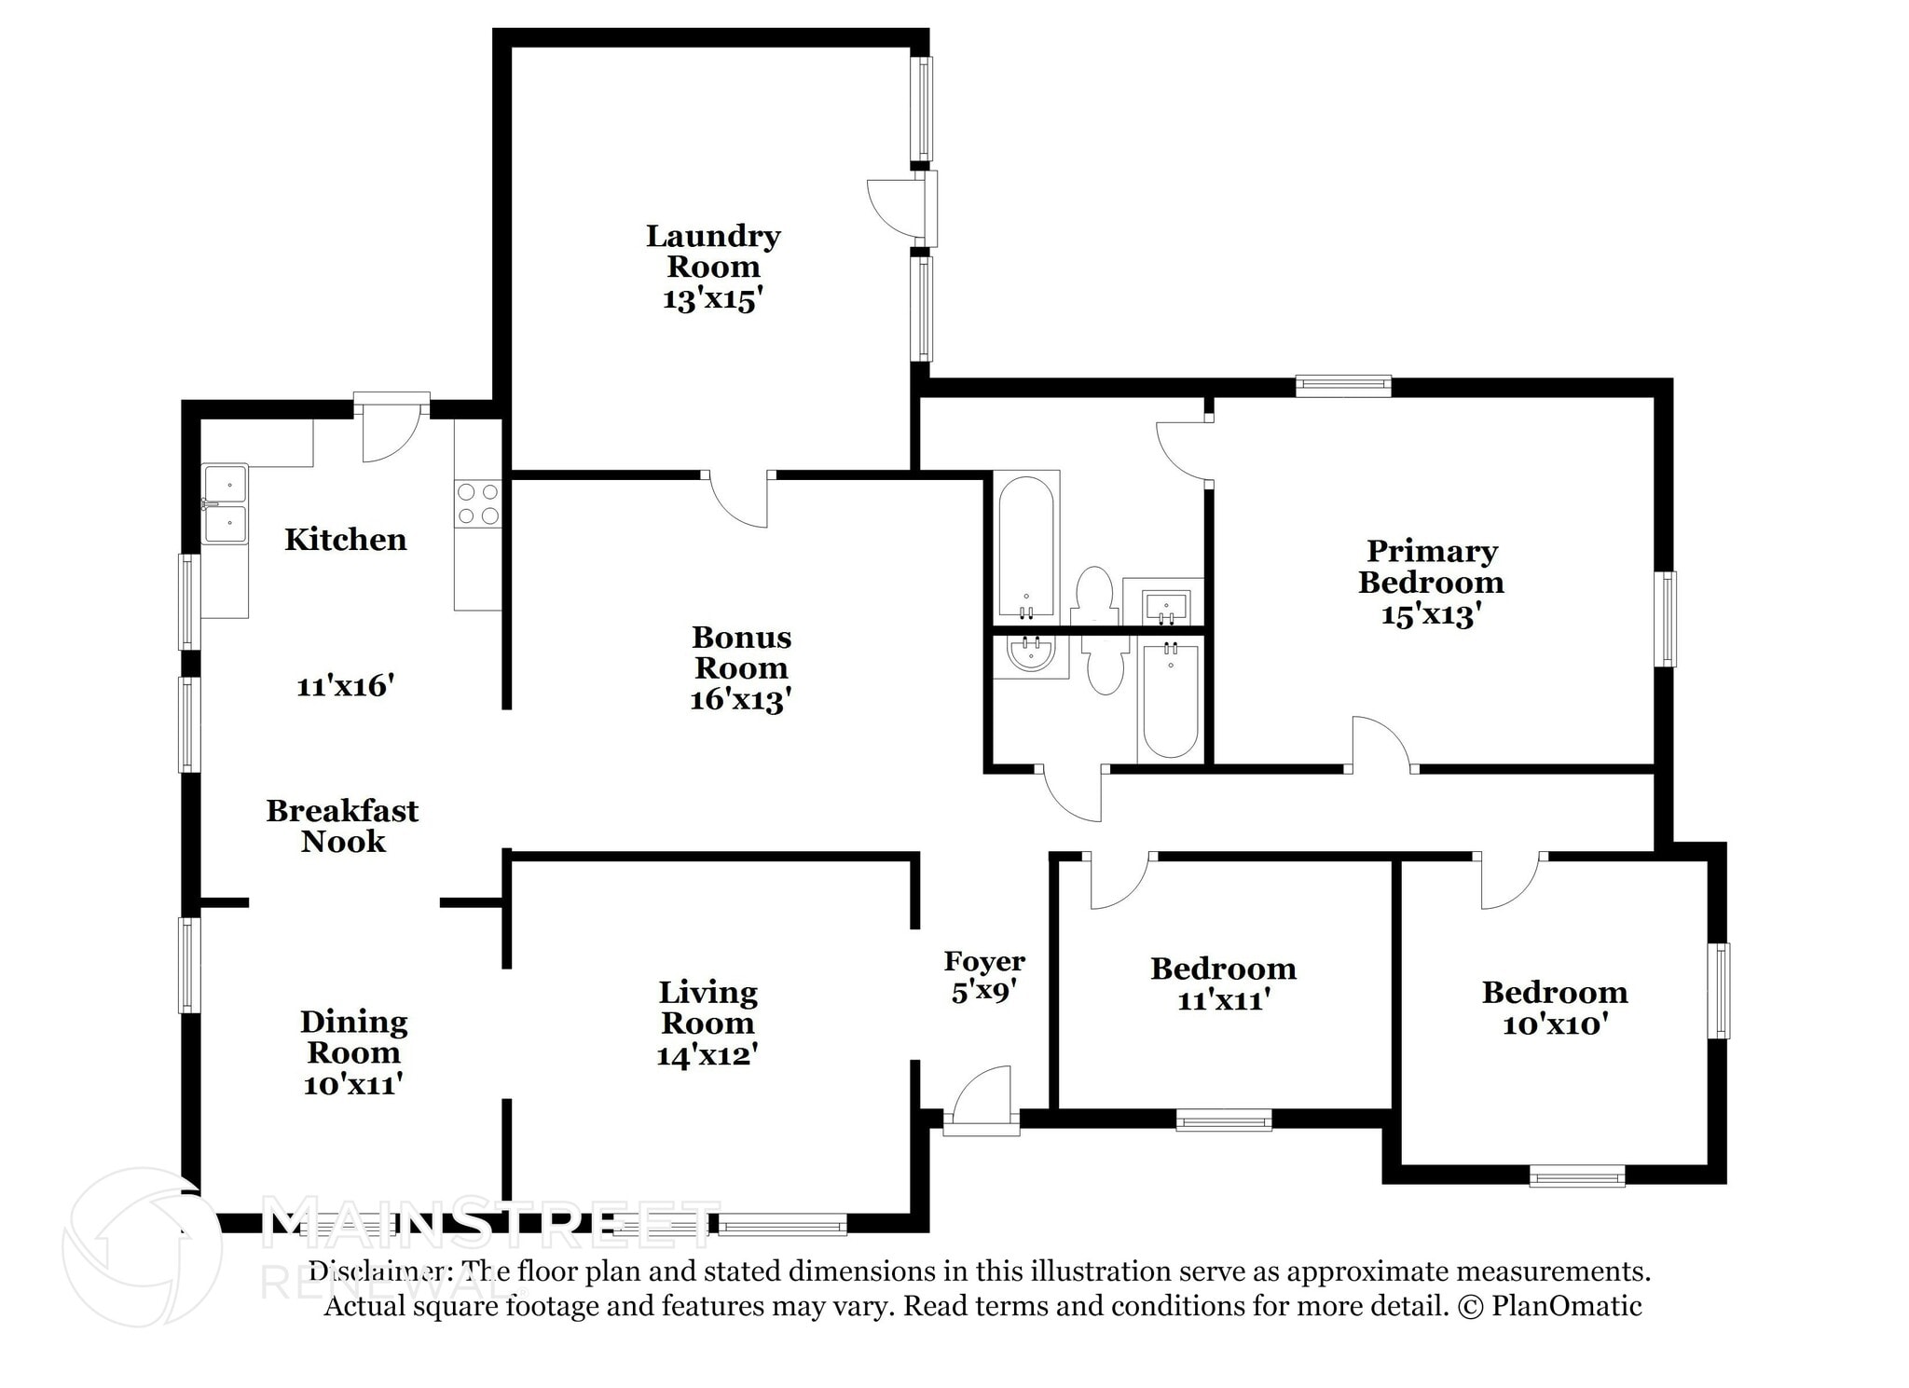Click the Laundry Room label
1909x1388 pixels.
[x=713, y=252]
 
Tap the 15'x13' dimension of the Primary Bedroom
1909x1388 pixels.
[x=1431, y=615]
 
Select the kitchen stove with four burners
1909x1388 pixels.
[x=478, y=503]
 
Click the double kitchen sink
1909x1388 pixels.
[x=226, y=503]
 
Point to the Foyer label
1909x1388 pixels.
[x=984, y=961]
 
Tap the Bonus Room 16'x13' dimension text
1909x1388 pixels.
[x=741, y=699]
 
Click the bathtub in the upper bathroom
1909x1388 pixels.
[x=1026, y=547]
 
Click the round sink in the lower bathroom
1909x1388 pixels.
[x=1031, y=655]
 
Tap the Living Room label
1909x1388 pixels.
[x=708, y=1008]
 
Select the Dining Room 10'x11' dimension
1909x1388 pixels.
[x=353, y=1084]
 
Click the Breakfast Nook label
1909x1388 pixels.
[x=343, y=826]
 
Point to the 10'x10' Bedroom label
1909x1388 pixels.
[x=1555, y=1008]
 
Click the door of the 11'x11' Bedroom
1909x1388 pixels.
[x=1119, y=881]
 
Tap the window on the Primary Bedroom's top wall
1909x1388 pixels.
[x=1343, y=386]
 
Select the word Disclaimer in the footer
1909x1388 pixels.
[x=376, y=1271]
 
